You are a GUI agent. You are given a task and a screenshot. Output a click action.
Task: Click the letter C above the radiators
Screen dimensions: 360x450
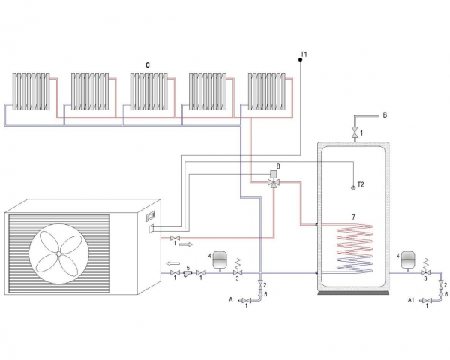[148, 65]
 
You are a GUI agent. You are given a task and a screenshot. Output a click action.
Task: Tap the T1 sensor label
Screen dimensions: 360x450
[304, 53]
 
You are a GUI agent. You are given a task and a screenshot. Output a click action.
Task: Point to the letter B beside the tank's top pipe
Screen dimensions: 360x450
[385, 115]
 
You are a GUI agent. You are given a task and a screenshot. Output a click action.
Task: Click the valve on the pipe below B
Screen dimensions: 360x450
[355, 133]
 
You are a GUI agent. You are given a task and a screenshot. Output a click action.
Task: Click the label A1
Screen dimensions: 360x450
[410, 301]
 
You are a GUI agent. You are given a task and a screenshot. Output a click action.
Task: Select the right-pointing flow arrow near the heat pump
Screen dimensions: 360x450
[185, 244]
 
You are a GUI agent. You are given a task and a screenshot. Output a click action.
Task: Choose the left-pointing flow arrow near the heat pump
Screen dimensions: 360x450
[172, 262]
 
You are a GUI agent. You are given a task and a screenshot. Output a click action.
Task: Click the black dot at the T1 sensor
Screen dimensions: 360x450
[299, 60]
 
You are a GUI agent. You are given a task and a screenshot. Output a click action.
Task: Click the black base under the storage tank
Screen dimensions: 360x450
[355, 291]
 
